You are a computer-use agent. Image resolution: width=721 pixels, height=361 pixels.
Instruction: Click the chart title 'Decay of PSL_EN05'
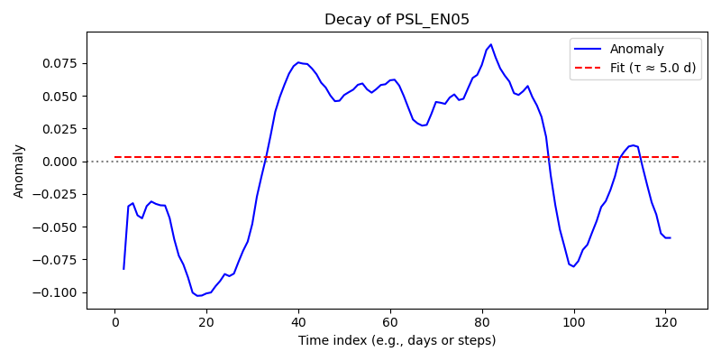[x=397, y=20]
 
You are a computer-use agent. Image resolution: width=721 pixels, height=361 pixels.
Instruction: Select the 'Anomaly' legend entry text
[x=637, y=49]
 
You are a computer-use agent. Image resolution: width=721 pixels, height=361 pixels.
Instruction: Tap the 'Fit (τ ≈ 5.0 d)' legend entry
[x=652, y=69]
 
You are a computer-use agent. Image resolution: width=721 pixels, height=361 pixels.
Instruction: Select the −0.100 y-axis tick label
[x=59, y=292]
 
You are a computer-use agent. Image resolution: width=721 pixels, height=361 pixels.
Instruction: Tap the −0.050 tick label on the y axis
[x=59, y=227]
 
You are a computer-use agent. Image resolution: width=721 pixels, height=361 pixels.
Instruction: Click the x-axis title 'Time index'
[x=324, y=340]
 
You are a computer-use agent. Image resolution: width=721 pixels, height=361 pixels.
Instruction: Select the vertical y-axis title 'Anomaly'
[x=18, y=171]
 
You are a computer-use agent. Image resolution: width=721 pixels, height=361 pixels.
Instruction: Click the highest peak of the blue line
[x=491, y=44]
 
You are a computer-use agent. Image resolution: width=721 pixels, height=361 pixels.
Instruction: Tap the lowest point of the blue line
[x=197, y=296]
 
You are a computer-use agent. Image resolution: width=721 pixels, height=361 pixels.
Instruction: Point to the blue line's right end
[x=671, y=237]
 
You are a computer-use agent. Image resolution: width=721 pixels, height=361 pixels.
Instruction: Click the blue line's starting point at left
[x=123, y=269]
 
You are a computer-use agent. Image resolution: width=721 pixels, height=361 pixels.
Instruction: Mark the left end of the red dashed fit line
[x=114, y=157]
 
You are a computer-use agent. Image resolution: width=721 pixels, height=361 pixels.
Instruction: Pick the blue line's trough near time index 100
[x=574, y=266]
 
